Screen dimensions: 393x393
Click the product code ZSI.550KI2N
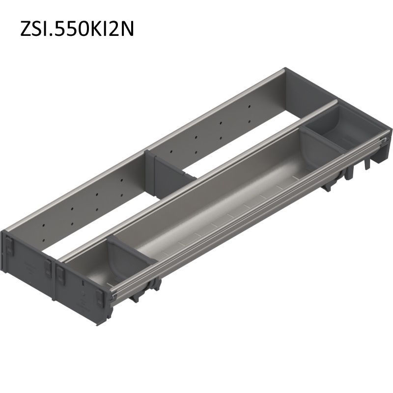pyautogui.click(x=77, y=29)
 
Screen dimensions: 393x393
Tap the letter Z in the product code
pyautogui.click(x=26, y=29)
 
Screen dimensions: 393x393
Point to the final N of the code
pyautogui.click(x=127, y=29)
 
